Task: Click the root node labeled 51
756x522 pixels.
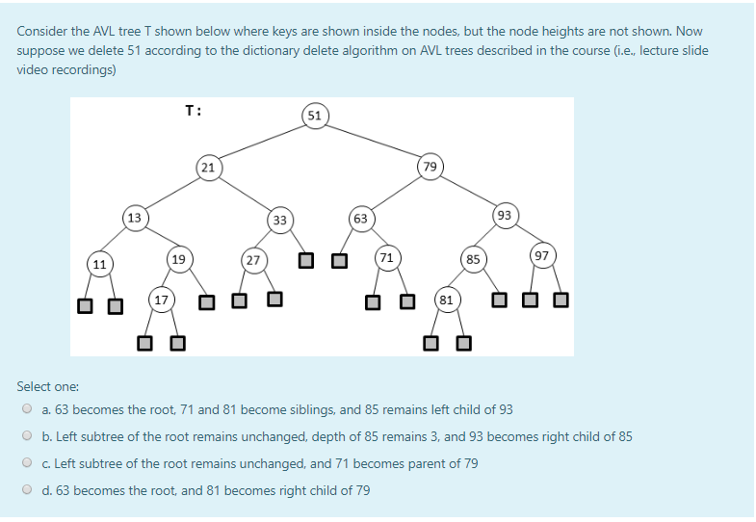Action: pyautogui.click(x=315, y=116)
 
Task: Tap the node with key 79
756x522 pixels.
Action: pyautogui.click(x=430, y=167)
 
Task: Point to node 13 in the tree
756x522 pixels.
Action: pyautogui.click(x=134, y=218)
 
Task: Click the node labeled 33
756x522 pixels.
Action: pyautogui.click(x=279, y=220)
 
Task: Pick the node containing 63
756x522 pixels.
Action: pyautogui.click(x=360, y=219)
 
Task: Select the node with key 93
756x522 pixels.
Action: pyautogui.click(x=505, y=215)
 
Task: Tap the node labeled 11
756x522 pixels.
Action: pyautogui.click(x=99, y=262)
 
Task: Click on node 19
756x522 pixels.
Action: pyautogui.click(x=178, y=258)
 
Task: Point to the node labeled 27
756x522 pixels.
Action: pyautogui.click(x=252, y=259)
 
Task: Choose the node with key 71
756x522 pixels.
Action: pyautogui.click(x=386, y=257)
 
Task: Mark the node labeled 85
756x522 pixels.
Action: pyautogui.click(x=473, y=258)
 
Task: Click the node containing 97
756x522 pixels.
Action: pyautogui.click(x=541, y=255)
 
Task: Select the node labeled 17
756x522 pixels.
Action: pyautogui.click(x=161, y=300)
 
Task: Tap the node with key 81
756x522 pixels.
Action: pyautogui.click(x=446, y=300)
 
